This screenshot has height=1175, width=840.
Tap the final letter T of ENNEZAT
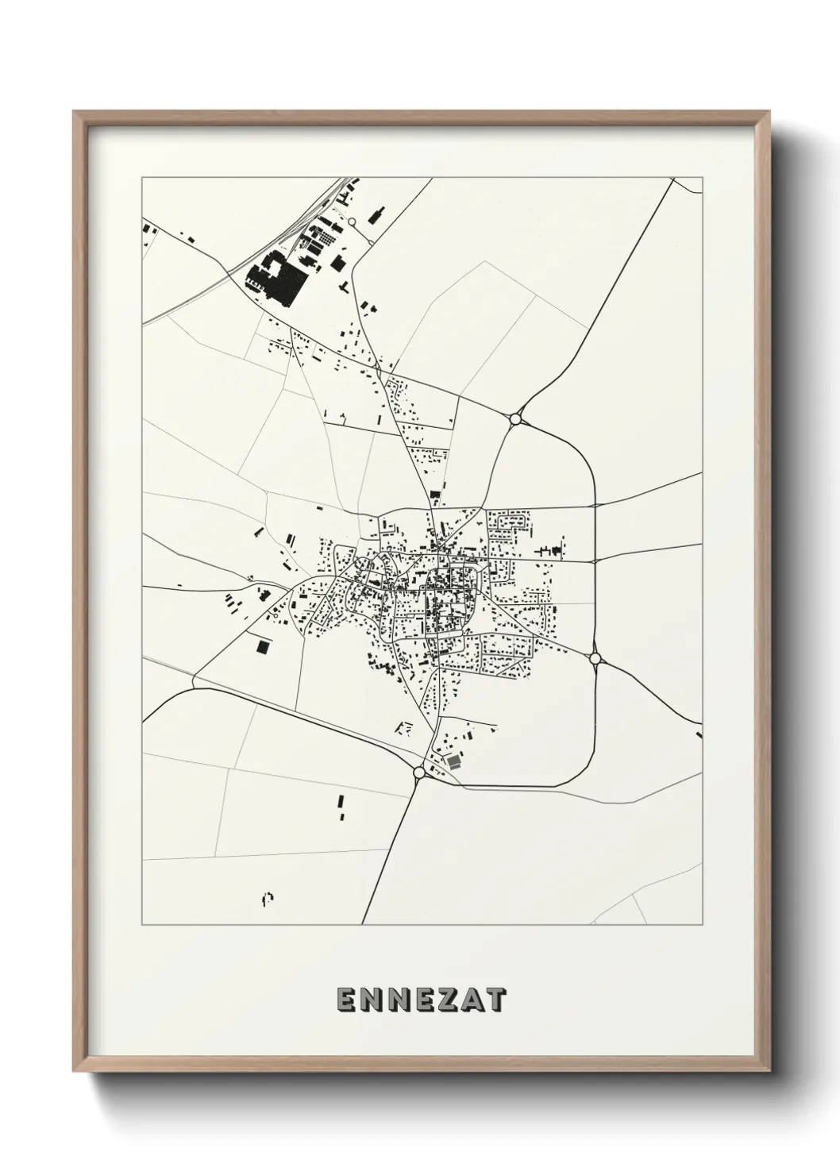(x=495, y=1000)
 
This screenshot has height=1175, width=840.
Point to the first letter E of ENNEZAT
(x=346, y=1000)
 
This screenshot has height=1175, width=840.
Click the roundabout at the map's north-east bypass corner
(x=515, y=418)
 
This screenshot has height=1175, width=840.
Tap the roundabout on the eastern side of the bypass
(x=595, y=658)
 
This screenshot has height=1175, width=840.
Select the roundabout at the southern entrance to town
(x=418, y=771)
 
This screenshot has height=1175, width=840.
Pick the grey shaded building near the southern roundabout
(x=453, y=761)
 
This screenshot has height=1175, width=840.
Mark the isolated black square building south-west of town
(x=262, y=647)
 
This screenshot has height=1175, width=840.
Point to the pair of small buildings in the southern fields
(x=341, y=807)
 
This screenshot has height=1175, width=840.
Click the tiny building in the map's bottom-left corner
(x=268, y=898)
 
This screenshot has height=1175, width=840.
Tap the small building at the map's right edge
(x=699, y=734)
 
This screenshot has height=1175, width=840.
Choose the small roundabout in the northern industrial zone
(x=350, y=223)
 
